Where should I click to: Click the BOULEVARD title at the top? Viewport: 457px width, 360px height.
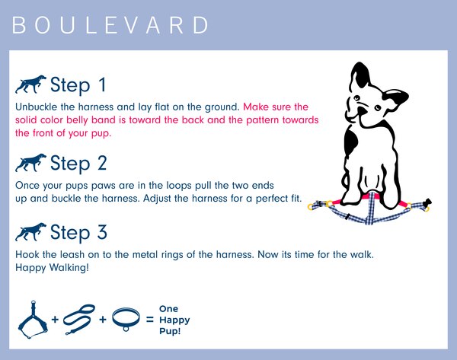(x=110, y=25)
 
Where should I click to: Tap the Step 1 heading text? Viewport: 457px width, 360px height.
(x=78, y=85)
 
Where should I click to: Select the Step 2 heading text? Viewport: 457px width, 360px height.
(x=78, y=163)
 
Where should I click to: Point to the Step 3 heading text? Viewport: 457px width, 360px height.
(x=78, y=232)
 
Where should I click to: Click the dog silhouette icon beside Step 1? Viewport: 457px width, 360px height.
(x=30, y=84)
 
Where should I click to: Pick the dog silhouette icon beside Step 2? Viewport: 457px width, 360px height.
(x=30, y=163)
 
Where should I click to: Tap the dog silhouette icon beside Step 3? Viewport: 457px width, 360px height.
(x=30, y=232)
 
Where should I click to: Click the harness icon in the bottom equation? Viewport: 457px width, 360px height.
(x=33, y=320)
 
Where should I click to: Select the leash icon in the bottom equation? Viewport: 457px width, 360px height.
(x=79, y=319)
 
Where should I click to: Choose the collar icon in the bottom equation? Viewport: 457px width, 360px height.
(x=126, y=319)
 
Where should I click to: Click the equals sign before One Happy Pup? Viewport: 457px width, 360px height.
(x=150, y=320)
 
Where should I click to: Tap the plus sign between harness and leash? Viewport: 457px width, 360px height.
(x=55, y=320)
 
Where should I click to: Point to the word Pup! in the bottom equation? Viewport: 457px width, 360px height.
(x=170, y=331)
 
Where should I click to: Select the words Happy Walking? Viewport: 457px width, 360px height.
(x=52, y=268)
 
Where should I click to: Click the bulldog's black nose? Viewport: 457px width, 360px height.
(x=361, y=111)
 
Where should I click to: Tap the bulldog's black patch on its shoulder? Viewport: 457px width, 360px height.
(x=351, y=139)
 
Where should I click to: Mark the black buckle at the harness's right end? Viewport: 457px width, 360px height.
(x=428, y=202)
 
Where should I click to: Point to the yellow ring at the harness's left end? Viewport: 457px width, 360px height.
(x=311, y=206)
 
